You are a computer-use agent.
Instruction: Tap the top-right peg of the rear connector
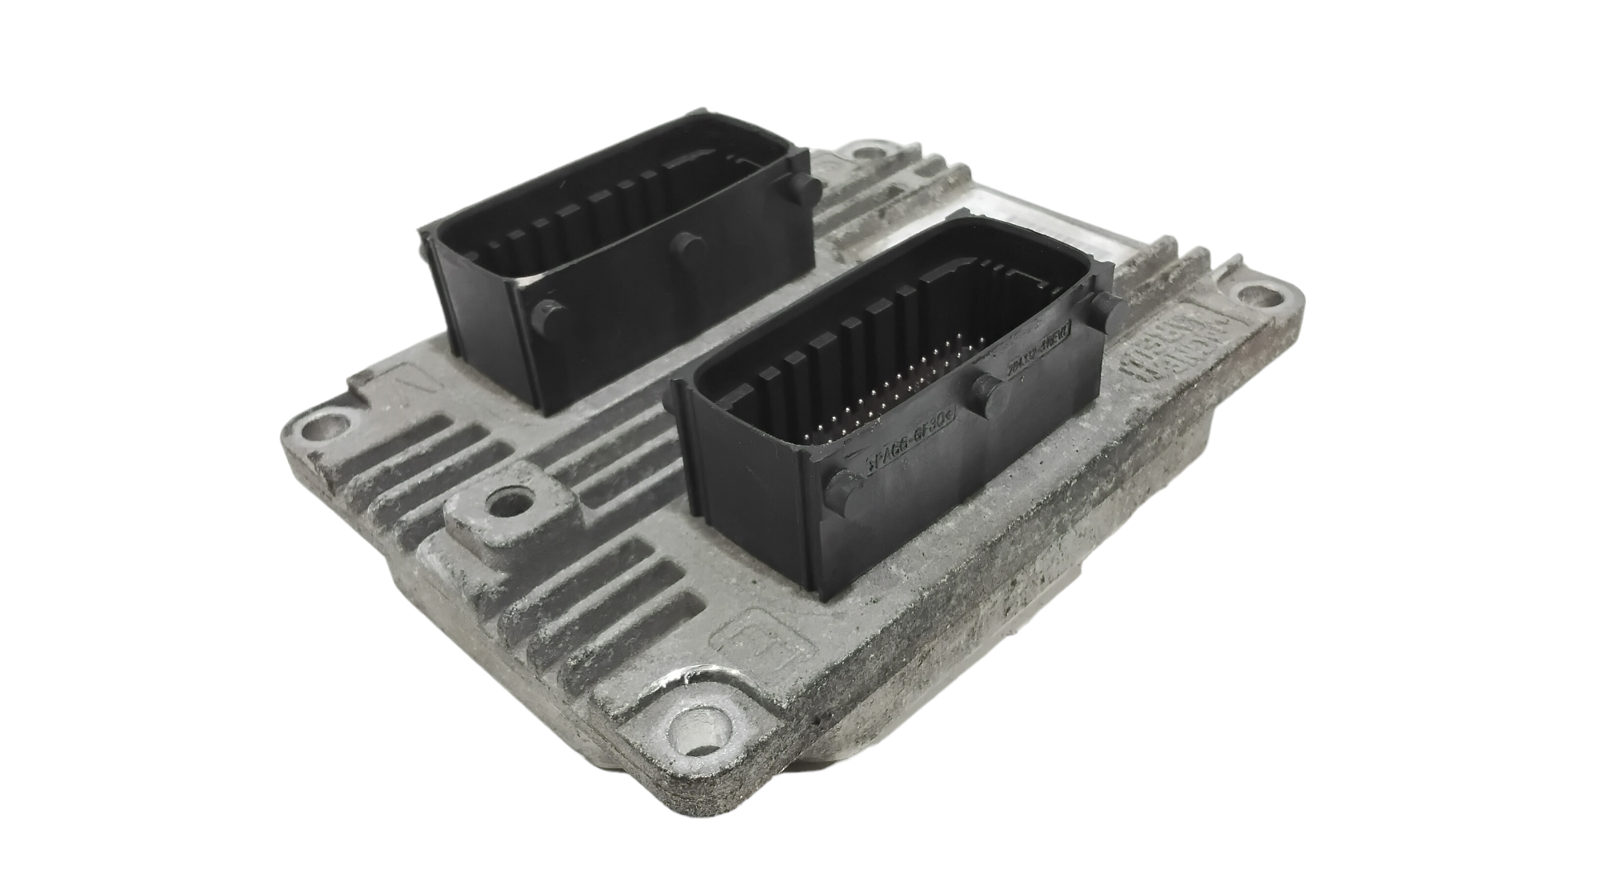click(807, 187)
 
